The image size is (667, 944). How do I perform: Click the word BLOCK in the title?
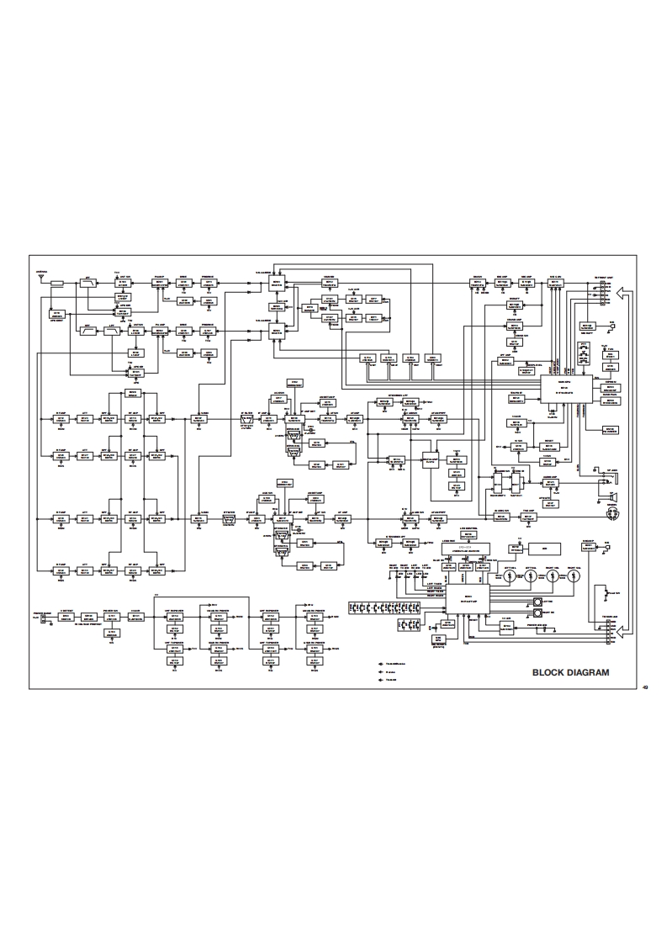[551, 672]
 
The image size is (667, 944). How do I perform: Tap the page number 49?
[644, 689]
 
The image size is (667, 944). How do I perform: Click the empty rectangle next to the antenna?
[57, 284]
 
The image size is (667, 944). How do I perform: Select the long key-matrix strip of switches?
[394, 607]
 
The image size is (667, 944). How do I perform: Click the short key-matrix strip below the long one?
[407, 625]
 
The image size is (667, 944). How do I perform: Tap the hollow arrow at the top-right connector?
[622, 294]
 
